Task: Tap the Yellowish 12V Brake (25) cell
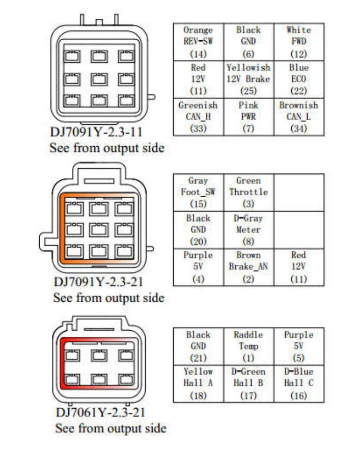click(248, 79)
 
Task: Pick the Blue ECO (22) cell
click(299, 79)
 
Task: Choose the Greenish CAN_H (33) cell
click(198, 117)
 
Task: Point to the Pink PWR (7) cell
click(248, 117)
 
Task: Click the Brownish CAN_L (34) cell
click(299, 117)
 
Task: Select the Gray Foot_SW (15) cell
click(198, 192)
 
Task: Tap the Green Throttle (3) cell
click(248, 192)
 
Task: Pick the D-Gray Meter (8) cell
click(248, 230)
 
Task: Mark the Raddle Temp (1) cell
click(248, 346)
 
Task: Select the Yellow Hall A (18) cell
click(198, 383)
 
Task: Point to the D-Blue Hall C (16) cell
click(299, 383)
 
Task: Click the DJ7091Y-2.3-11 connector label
click(95, 132)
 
